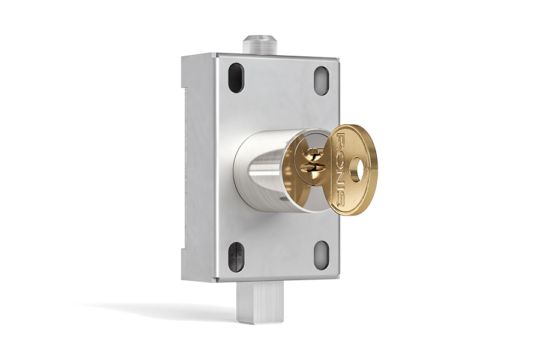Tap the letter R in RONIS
coord(341,139)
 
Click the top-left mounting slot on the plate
coord(236,78)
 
